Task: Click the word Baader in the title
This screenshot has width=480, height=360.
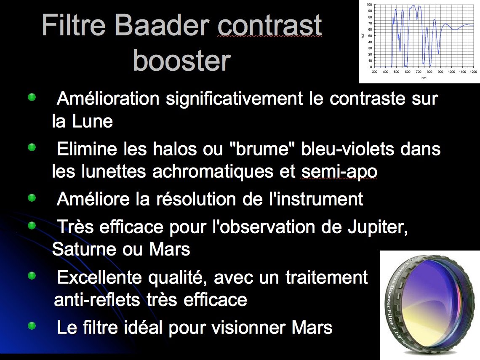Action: click(x=162, y=25)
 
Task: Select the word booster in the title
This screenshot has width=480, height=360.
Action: click(x=182, y=61)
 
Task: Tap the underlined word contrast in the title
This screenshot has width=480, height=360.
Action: click(x=270, y=25)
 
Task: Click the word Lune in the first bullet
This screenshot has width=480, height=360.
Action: click(x=93, y=121)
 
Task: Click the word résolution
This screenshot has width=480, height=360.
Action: click(x=196, y=199)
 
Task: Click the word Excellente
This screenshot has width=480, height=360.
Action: click(x=99, y=277)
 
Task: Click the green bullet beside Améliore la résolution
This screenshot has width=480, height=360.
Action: click(x=32, y=198)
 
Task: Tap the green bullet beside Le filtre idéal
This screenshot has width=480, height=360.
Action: click(x=32, y=326)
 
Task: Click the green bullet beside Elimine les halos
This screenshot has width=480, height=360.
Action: click(x=32, y=147)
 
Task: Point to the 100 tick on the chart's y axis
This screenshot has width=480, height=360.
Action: click(x=369, y=5)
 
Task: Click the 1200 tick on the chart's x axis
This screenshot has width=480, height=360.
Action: click(x=473, y=72)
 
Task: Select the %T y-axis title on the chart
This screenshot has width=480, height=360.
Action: click(x=363, y=36)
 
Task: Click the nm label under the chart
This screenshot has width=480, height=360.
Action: click(x=424, y=78)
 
